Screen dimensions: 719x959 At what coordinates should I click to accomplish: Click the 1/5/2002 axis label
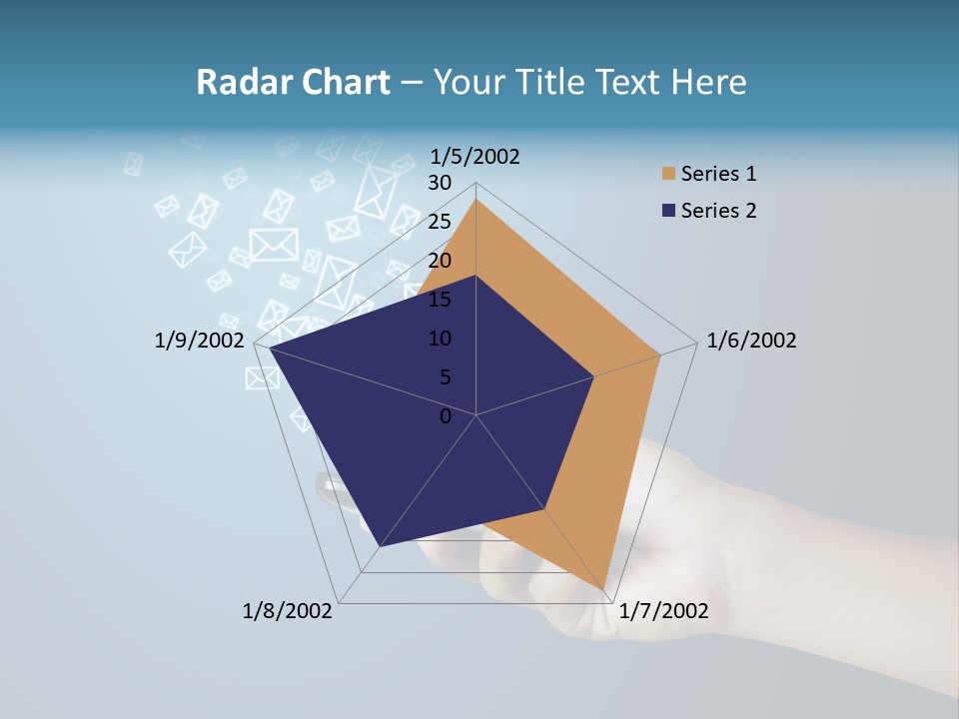[475, 157]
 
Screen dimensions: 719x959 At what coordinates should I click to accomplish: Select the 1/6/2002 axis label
[751, 341]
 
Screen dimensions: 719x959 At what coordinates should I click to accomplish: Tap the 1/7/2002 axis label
[663, 611]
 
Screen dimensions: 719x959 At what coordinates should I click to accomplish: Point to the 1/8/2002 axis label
[288, 611]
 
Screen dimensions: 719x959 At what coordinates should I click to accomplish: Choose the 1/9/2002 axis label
[200, 341]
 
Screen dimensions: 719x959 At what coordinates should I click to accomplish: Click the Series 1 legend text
[718, 174]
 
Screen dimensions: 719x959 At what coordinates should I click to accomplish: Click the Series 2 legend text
[718, 211]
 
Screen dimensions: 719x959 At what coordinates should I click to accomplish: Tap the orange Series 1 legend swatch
[668, 175]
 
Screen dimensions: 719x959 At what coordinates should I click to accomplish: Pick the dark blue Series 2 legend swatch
[668, 211]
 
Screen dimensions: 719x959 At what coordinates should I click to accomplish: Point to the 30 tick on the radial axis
[440, 183]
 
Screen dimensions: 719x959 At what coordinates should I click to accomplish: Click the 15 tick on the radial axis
[440, 300]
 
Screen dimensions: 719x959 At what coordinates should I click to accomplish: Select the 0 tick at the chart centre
[446, 416]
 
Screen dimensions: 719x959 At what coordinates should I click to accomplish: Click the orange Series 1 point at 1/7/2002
[605, 590]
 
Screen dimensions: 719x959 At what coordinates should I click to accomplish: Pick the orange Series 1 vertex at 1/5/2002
[476, 199]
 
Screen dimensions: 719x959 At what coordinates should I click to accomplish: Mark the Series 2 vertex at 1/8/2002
[380, 546]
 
